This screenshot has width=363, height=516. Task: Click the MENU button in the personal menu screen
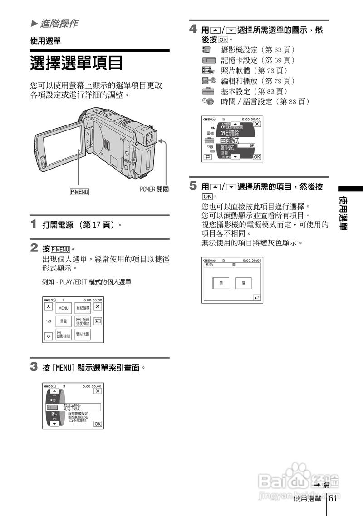click(64, 308)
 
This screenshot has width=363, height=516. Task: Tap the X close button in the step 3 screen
click(98, 391)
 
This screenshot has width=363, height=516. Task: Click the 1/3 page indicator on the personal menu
click(49, 321)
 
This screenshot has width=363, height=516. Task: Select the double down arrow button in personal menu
click(49, 336)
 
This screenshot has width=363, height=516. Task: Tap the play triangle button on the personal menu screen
click(98, 321)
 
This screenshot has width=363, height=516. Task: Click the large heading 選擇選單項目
click(77, 63)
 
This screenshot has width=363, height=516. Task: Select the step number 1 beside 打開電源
click(34, 224)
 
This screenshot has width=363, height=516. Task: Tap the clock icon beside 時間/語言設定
click(208, 101)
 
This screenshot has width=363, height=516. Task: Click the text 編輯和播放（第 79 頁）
click(258, 80)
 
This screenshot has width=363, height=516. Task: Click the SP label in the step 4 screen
click(252, 145)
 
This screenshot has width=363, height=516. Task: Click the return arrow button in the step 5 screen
click(257, 297)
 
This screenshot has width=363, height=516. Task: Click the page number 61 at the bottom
click(333, 499)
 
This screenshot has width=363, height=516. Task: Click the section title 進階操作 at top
click(59, 23)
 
